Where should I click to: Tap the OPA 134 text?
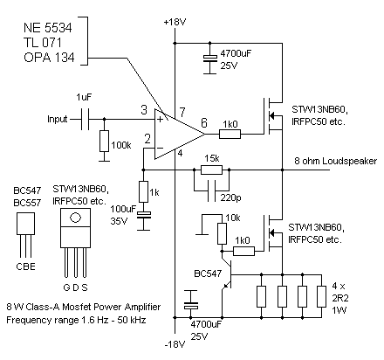50,59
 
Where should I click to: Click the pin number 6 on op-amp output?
204,124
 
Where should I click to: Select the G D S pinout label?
76,287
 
